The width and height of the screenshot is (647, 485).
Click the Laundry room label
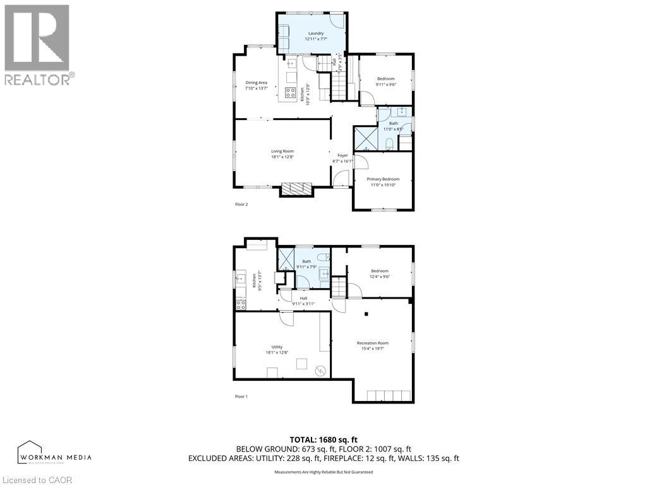click(316, 33)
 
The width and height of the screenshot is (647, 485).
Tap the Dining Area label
click(257, 83)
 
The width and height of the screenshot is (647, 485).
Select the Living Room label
click(282, 151)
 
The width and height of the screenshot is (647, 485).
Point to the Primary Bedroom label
click(383, 179)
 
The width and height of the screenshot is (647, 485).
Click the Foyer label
click(342, 155)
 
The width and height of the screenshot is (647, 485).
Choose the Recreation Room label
click(372, 343)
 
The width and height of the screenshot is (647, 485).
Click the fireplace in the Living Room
click(296, 188)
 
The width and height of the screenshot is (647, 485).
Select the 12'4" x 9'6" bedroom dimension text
click(380, 276)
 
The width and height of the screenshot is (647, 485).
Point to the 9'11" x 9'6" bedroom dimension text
click(385, 85)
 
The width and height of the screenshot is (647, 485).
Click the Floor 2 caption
click(241, 205)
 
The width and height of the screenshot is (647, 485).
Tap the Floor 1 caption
click(241, 397)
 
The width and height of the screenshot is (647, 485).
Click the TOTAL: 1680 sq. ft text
click(323, 440)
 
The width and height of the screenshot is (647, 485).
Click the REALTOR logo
click(37, 44)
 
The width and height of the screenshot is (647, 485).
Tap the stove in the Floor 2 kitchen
click(291, 92)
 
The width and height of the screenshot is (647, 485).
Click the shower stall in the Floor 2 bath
click(366, 138)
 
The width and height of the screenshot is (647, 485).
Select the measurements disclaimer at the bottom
click(323, 472)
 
